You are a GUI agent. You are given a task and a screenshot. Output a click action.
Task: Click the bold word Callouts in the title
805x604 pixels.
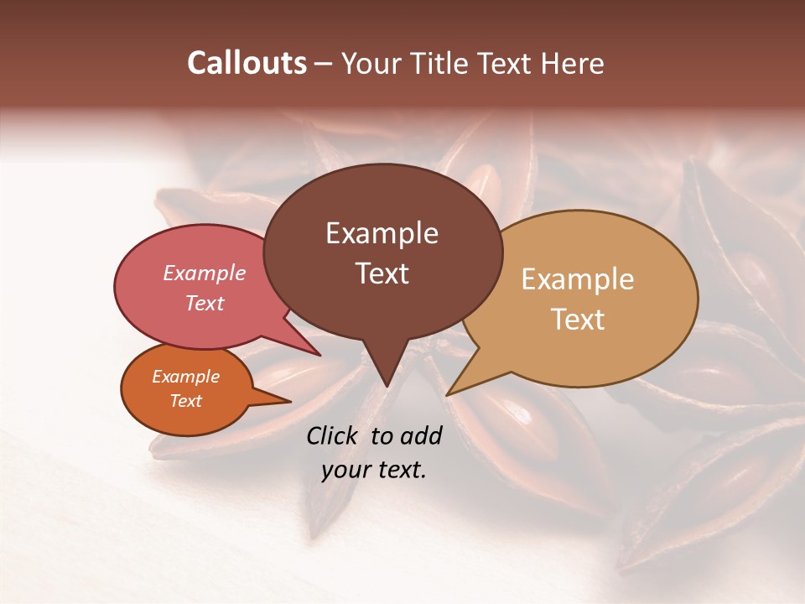click(247, 63)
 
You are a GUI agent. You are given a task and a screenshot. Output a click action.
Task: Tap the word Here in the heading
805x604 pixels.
click(573, 63)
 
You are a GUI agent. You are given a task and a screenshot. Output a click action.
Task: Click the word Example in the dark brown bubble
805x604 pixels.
click(382, 233)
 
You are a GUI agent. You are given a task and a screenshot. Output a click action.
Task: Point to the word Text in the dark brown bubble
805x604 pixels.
click(382, 273)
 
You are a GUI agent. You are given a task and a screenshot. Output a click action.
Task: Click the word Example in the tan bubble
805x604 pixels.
click(578, 279)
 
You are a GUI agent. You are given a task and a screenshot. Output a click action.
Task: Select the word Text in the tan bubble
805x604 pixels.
click(578, 320)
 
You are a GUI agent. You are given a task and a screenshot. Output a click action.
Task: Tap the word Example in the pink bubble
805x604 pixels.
click(205, 273)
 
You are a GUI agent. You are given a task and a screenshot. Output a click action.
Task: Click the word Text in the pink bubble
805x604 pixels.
click(205, 303)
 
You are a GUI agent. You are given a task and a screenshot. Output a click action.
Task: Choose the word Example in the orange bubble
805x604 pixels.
click(185, 377)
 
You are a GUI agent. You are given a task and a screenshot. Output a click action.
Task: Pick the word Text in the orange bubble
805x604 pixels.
click(185, 401)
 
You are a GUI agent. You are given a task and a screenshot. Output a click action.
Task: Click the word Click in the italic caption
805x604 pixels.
click(334, 435)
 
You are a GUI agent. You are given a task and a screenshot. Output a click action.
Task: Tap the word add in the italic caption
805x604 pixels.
click(420, 435)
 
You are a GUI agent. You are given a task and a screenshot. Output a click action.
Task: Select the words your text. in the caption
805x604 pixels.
click(374, 470)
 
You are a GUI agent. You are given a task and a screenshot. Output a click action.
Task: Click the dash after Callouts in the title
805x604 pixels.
click(324, 64)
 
